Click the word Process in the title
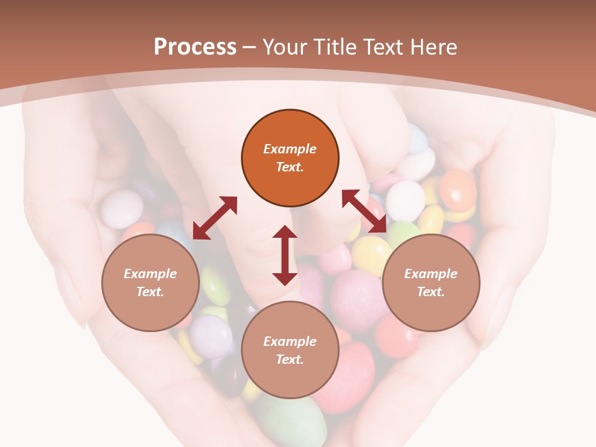pyautogui.click(x=195, y=47)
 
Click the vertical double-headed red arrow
pyautogui.click(x=285, y=255)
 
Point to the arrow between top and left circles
pyautogui.click(x=215, y=218)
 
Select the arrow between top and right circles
pyautogui.click(x=364, y=211)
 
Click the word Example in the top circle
pyautogui.click(x=290, y=149)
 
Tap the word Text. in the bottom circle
pyautogui.click(x=290, y=359)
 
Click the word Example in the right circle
pyautogui.click(x=431, y=274)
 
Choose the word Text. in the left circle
pyautogui.click(x=150, y=292)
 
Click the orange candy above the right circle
pyautogui.click(x=458, y=189)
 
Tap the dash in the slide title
pyautogui.click(x=250, y=47)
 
